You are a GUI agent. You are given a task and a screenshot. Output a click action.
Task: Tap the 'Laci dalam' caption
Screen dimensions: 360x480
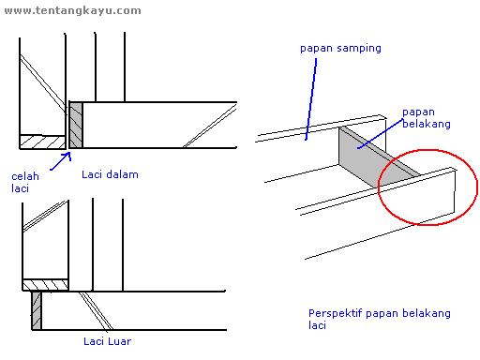tap(105, 174)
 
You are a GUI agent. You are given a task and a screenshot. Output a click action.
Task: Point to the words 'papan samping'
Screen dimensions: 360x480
tap(340, 48)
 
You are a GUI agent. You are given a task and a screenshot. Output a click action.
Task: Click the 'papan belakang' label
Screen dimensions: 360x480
tap(422, 116)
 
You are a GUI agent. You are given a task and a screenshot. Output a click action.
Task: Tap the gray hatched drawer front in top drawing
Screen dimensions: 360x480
tap(77, 125)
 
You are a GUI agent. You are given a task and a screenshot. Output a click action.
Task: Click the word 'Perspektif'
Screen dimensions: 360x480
tap(334, 312)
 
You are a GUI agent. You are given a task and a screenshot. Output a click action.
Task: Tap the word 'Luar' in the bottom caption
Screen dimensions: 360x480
tap(118, 341)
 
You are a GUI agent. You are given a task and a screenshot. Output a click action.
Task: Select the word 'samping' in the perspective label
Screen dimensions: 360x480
tap(361, 48)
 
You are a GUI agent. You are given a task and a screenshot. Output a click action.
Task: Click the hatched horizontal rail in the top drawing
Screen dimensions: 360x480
tap(41, 141)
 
